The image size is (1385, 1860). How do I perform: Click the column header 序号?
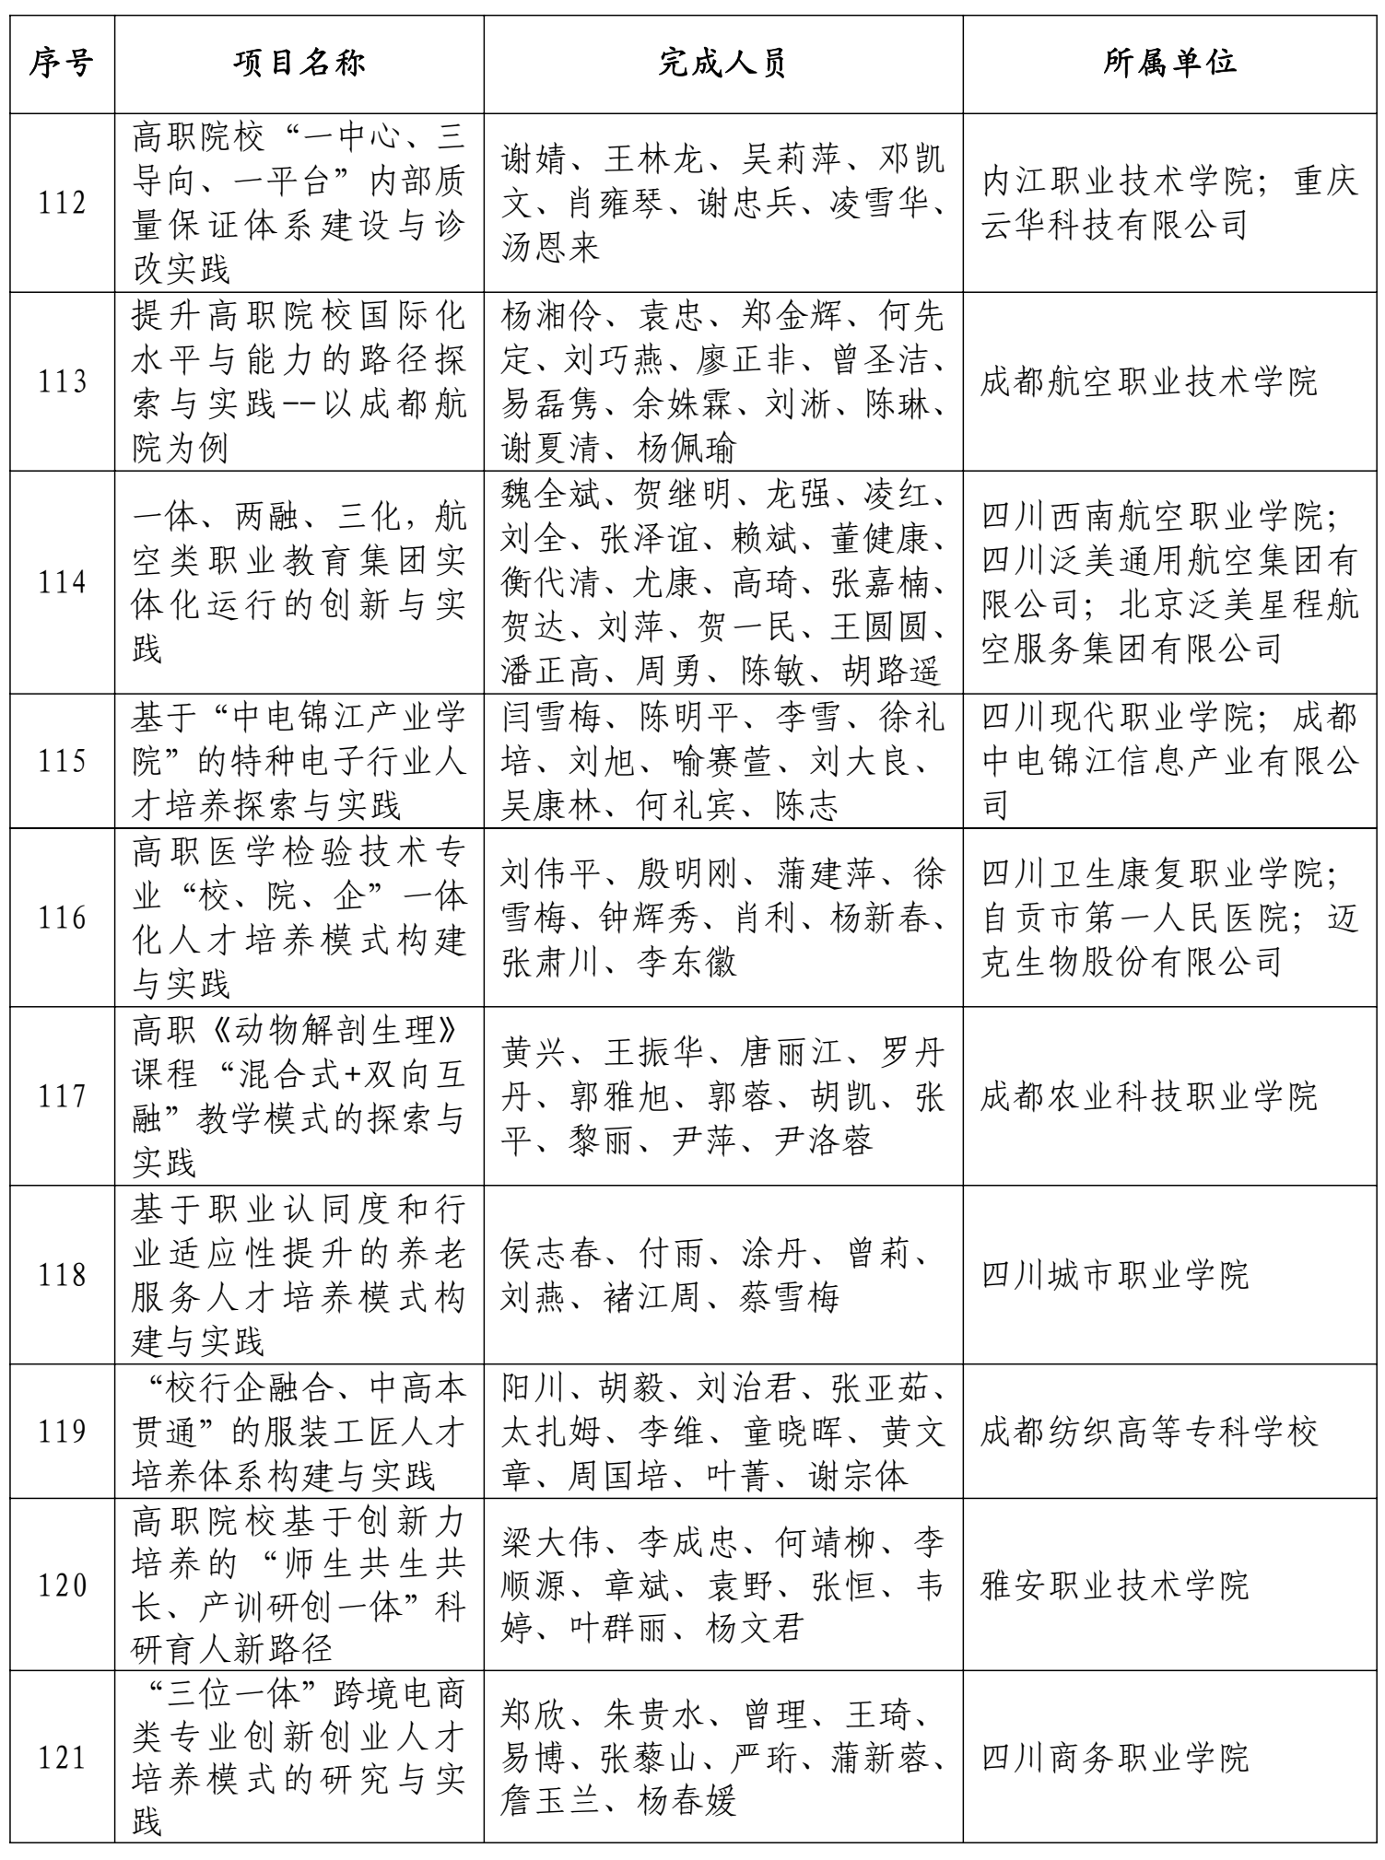(62, 64)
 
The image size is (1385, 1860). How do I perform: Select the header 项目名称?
(299, 64)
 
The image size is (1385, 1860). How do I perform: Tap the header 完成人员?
(723, 64)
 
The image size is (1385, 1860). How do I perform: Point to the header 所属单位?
(1171, 64)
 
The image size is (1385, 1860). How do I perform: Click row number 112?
(62, 204)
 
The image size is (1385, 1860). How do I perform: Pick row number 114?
(62, 583)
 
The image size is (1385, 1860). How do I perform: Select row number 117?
(62, 1096)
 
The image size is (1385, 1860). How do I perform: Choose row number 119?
(62, 1432)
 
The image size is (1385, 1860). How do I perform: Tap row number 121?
(62, 1759)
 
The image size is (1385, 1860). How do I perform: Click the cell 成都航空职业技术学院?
(1148, 382)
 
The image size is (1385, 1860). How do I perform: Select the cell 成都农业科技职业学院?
(1148, 1096)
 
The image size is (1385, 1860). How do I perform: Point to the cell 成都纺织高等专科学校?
(1148, 1432)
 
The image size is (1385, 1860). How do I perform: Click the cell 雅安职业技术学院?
(1115, 1585)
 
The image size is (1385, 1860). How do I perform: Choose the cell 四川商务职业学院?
(1115, 1759)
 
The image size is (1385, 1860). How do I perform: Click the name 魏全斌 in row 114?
(551, 495)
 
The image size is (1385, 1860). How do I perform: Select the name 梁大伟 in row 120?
(551, 1541)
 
